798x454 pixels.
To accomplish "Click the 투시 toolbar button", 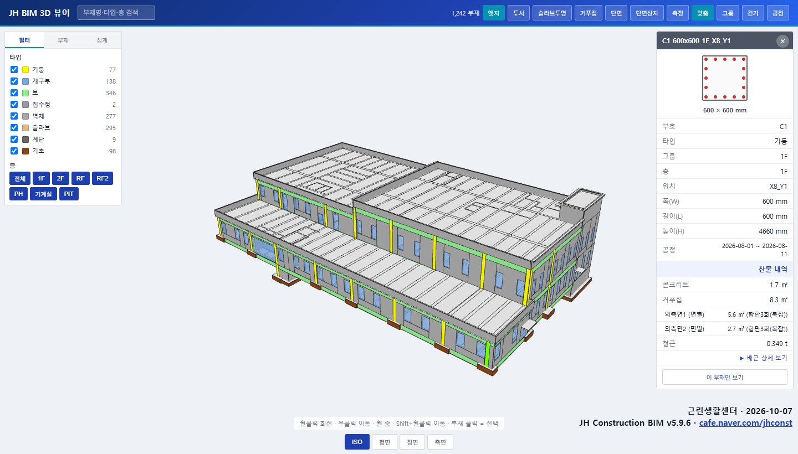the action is click(518, 13).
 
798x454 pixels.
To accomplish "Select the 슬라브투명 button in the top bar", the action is click(552, 13).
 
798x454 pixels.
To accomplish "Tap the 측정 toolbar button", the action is click(677, 13).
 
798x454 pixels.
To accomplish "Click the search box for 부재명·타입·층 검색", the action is click(116, 13).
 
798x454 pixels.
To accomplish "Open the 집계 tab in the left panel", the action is click(102, 40).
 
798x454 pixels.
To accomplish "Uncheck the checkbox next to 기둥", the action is click(14, 69).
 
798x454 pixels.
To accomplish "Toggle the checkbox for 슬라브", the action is click(14, 127).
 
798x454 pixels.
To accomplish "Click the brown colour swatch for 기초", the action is click(25, 151).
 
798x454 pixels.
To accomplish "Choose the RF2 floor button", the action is click(102, 178).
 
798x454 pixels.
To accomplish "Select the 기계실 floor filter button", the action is click(43, 194).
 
